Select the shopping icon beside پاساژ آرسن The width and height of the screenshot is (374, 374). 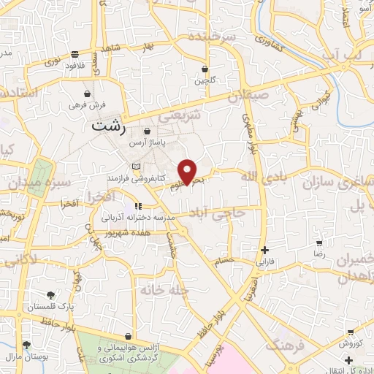147,131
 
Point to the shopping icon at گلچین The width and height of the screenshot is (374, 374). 205,69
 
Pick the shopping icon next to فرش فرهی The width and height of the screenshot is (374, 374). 88,94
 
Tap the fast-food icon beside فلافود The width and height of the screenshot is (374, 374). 75,53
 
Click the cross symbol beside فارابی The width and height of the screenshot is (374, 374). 264,249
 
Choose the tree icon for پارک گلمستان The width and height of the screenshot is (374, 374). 50,295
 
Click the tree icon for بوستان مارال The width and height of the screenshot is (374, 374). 26,344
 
